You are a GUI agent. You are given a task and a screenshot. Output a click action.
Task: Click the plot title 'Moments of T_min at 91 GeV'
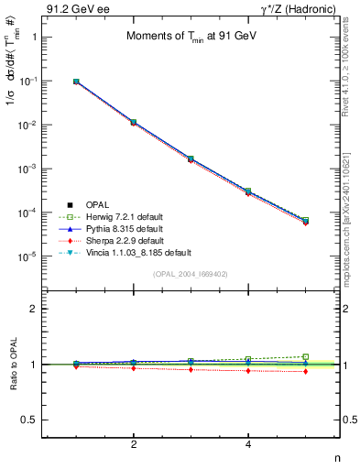(x=185, y=37)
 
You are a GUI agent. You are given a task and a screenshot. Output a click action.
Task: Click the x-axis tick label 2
(x=134, y=444)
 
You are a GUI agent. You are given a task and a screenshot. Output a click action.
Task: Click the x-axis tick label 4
(x=248, y=444)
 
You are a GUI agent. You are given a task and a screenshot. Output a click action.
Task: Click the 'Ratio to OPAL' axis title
(x=10, y=364)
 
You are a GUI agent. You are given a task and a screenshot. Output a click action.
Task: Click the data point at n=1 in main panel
(x=76, y=82)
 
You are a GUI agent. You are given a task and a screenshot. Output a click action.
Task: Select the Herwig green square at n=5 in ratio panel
(x=306, y=356)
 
